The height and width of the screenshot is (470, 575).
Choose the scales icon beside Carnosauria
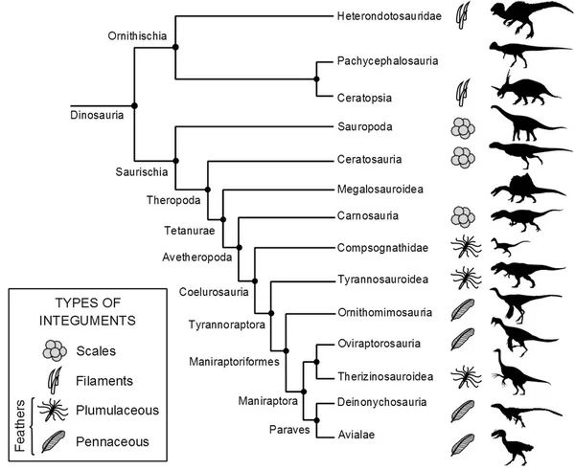click(x=463, y=218)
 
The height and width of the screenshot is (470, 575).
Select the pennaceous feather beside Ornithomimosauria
click(x=464, y=310)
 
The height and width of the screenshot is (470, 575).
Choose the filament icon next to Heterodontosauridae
click(x=464, y=16)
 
